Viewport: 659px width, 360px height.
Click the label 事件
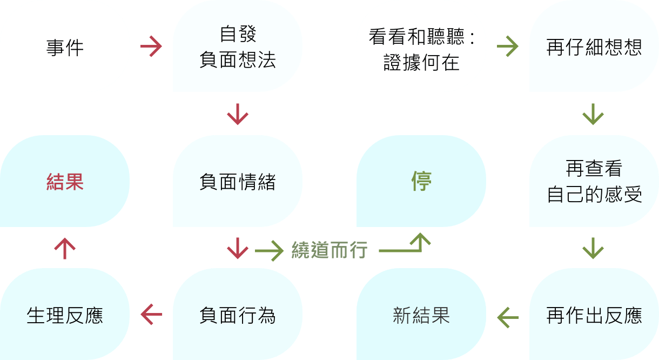click(65, 48)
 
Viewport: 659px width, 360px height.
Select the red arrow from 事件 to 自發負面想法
click(151, 46)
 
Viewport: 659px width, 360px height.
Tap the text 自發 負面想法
click(238, 47)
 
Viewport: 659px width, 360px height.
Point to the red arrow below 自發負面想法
click(238, 114)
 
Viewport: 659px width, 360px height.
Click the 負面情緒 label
click(238, 182)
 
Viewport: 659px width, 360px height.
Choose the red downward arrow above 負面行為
click(238, 249)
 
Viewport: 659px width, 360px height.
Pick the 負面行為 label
click(238, 315)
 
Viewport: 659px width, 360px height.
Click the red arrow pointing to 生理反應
click(151, 315)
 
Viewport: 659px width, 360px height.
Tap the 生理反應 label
click(65, 315)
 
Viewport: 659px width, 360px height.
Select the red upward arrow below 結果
click(65, 249)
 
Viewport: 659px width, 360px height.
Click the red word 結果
click(65, 182)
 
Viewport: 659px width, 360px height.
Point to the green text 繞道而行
click(329, 250)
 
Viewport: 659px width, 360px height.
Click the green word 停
click(421, 181)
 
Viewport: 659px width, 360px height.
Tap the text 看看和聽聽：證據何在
click(422, 49)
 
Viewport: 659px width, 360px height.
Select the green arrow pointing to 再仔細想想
click(508, 46)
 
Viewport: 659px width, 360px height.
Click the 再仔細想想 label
click(594, 47)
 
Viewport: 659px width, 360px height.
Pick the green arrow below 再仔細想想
click(593, 114)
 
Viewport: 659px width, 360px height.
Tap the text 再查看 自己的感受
click(594, 181)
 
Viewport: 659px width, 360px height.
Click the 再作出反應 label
click(594, 315)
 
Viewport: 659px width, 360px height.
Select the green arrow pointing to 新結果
click(508, 317)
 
